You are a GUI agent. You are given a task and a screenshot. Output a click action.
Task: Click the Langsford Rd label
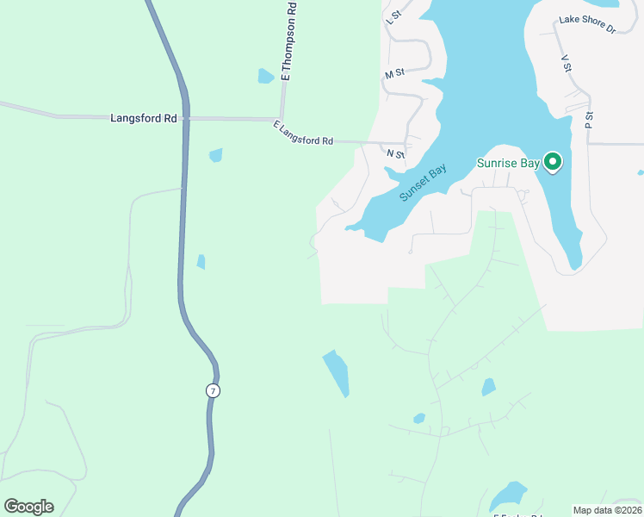144,118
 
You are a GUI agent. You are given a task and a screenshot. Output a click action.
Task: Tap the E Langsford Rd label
303,134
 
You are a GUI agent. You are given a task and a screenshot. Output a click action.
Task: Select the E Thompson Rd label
289,41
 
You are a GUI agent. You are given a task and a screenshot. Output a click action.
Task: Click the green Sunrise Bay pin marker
553,161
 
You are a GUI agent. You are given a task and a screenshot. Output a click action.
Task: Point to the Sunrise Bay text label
508,164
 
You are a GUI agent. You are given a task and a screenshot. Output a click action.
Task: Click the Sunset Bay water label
423,184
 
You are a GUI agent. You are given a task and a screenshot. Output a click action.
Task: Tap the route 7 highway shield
213,390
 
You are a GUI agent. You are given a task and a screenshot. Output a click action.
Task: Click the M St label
395,75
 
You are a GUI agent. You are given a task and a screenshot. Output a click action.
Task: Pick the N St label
395,154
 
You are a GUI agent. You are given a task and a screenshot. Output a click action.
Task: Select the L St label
395,16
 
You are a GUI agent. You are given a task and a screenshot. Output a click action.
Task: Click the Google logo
28,507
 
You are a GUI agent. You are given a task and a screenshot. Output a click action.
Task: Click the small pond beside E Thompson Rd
266,76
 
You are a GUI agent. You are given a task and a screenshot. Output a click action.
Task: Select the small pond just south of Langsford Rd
215,155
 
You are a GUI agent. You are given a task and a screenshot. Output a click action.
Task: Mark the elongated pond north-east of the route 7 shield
336,372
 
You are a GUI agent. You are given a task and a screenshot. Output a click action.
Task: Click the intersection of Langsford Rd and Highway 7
183,118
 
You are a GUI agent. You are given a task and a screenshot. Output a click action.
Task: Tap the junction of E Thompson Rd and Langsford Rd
281,119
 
